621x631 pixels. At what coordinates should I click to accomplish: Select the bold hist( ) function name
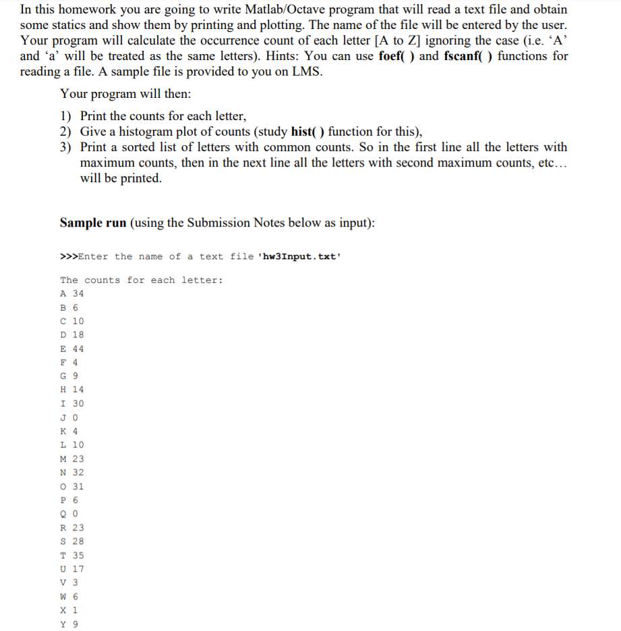click(x=309, y=131)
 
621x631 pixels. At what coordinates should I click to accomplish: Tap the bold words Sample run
click(x=93, y=223)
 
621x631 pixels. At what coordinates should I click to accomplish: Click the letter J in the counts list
click(x=63, y=418)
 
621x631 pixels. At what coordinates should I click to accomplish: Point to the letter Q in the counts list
click(x=63, y=514)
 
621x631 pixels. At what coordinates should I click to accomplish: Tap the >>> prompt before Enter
click(x=69, y=256)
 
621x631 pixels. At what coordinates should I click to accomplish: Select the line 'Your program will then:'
click(x=125, y=94)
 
